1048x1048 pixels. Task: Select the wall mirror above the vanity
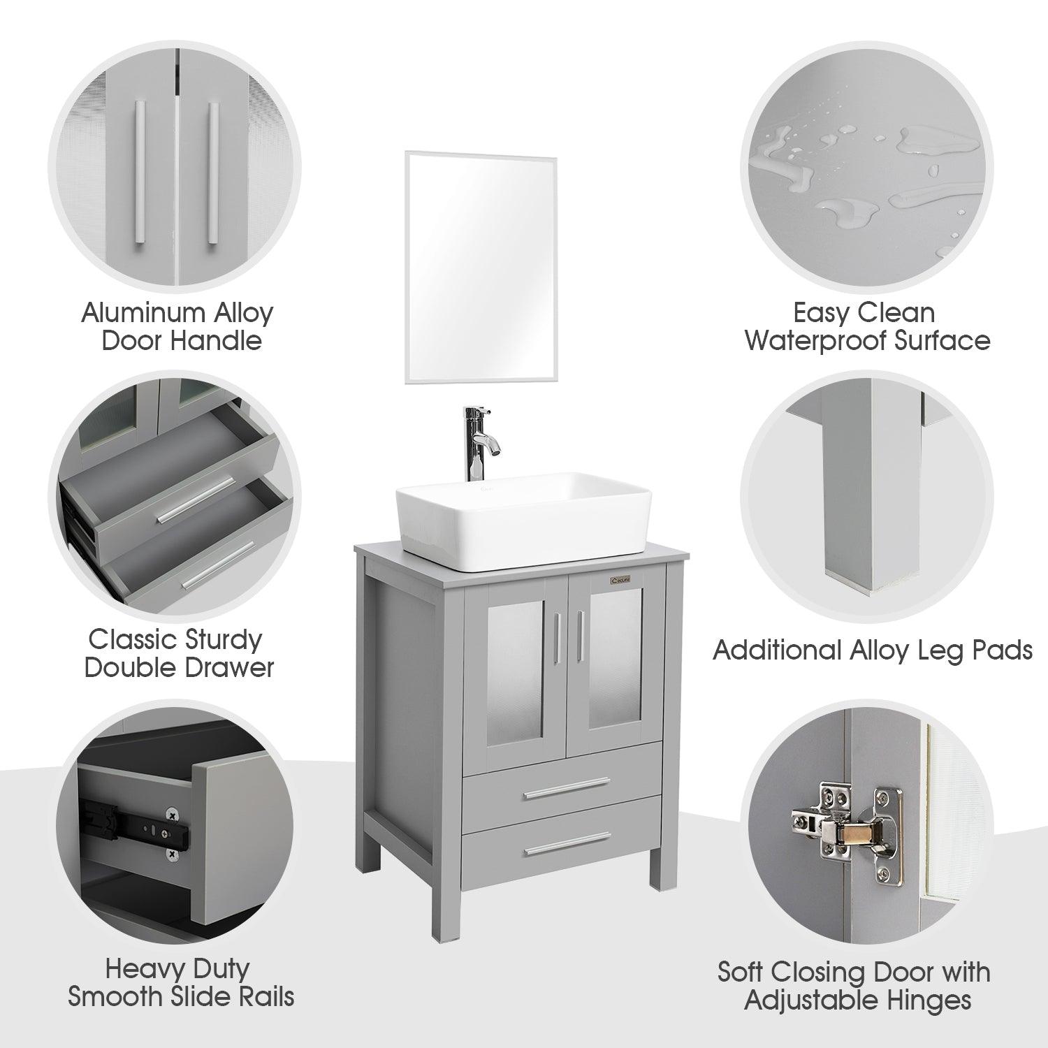[x=481, y=268]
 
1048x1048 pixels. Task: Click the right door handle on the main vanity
[x=581, y=639]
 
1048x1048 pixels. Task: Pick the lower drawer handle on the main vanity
[x=568, y=843]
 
